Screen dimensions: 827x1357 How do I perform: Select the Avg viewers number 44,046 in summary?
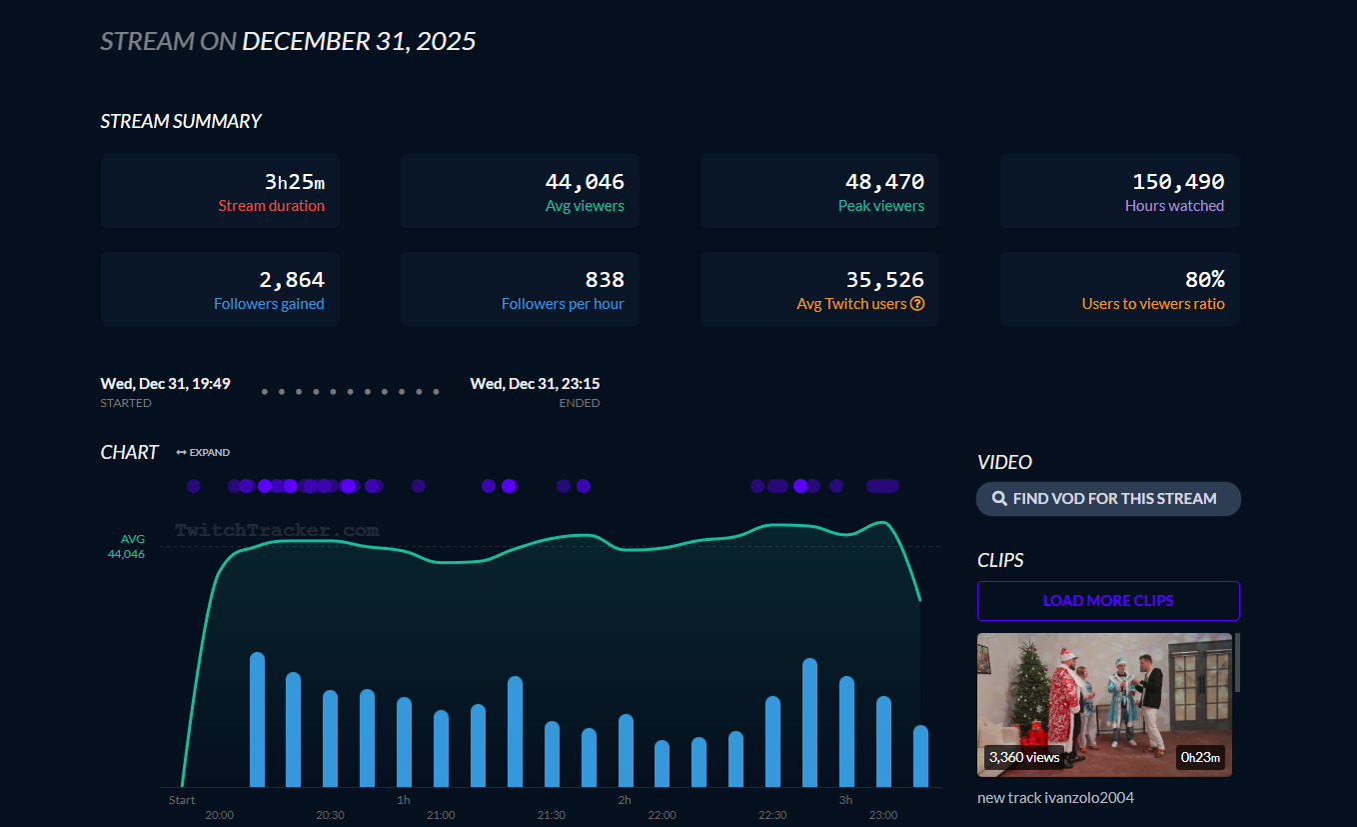(x=585, y=182)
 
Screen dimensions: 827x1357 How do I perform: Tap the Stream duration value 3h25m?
(x=295, y=182)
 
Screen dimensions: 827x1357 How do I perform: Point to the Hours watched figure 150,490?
(x=1178, y=182)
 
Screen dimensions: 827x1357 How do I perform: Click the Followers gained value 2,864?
(x=292, y=280)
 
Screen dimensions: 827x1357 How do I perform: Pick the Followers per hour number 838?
(x=605, y=280)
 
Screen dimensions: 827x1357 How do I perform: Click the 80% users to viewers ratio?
(x=1204, y=280)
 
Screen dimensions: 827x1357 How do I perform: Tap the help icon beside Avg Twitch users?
(x=917, y=304)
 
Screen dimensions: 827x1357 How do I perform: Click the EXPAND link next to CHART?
(x=203, y=453)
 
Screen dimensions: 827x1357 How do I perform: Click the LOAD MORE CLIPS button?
(x=1108, y=601)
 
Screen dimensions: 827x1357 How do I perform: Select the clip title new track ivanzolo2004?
(x=1055, y=798)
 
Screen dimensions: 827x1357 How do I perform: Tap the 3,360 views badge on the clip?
(x=1023, y=757)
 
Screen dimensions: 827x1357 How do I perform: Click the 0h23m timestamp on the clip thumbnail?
(x=1200, y=757)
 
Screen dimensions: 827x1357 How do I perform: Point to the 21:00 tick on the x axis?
(x=441, y=815)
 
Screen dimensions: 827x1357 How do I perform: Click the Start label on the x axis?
(x=182, y=800)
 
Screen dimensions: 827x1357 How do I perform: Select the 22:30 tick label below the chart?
(x=772, y=815)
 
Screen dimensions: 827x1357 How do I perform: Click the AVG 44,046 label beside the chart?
(x=127, y=546)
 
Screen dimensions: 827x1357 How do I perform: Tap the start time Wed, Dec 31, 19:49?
(x=166, y=384)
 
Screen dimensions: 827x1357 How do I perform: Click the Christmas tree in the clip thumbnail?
(x=1026, y=690)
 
